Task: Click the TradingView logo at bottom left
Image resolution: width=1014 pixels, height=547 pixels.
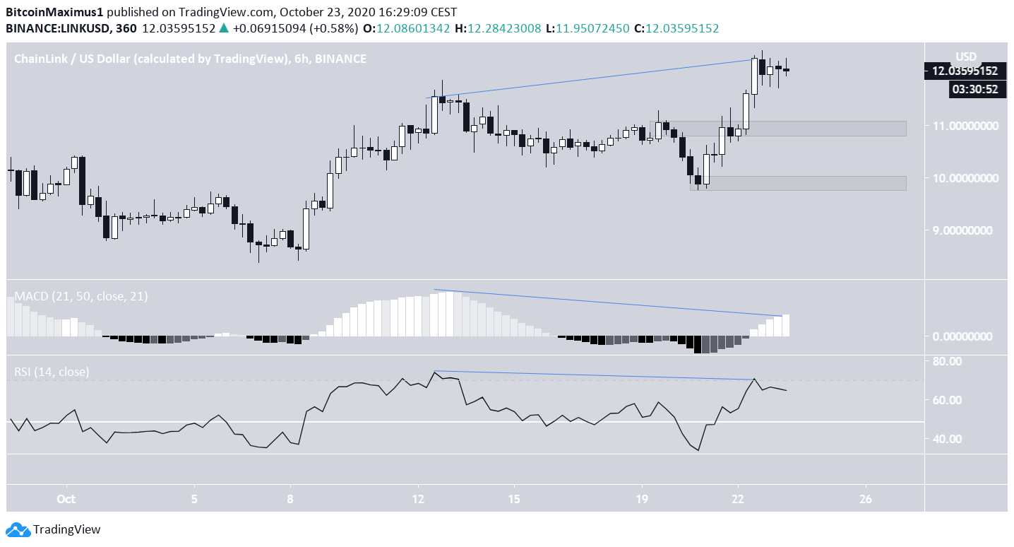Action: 53,529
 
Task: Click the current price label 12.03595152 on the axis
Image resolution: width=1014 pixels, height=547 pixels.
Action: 964,71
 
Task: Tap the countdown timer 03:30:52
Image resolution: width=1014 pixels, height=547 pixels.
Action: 977,89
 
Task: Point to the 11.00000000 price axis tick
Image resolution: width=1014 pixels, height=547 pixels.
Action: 965,126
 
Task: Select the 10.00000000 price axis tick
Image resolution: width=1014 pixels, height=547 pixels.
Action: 965,178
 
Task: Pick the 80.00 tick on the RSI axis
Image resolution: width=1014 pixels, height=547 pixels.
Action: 946,361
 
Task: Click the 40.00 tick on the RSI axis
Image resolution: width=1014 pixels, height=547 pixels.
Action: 946,439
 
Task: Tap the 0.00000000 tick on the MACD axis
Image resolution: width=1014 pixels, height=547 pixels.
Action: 967,336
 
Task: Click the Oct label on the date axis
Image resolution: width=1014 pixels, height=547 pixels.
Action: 66,498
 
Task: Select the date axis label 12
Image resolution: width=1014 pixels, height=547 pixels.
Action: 419,498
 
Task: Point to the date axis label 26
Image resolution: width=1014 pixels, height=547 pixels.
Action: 867,498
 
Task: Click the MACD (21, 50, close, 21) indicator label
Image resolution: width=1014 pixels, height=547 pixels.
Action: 81,297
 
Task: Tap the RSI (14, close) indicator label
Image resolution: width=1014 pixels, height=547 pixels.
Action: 52,372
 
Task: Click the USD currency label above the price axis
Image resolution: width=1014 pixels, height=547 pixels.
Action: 965,57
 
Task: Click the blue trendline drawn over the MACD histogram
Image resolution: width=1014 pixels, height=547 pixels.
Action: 607,302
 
